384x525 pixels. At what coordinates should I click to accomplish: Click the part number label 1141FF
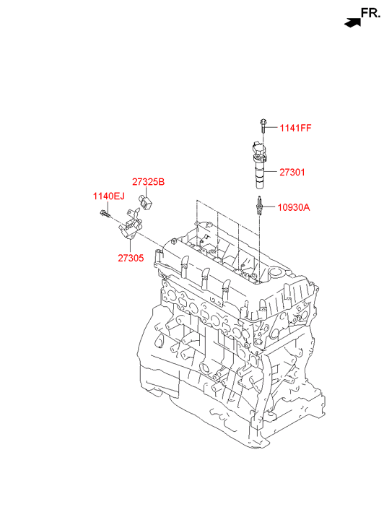coord(296,128)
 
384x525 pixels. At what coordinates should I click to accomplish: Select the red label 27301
coord(292,172)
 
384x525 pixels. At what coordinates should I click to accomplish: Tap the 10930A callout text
coord(294,207)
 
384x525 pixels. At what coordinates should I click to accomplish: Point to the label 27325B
coord(148,182)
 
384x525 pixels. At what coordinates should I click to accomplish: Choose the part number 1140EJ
coord(109,196)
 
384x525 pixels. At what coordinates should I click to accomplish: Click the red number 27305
coord(131,258)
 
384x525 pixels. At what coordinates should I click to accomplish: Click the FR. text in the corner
coord(370,13)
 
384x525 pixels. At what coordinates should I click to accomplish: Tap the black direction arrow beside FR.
coord(352,23)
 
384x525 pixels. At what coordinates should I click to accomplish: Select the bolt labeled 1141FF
coord(263,126)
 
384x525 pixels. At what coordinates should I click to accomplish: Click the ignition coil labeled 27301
coord(259,164)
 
